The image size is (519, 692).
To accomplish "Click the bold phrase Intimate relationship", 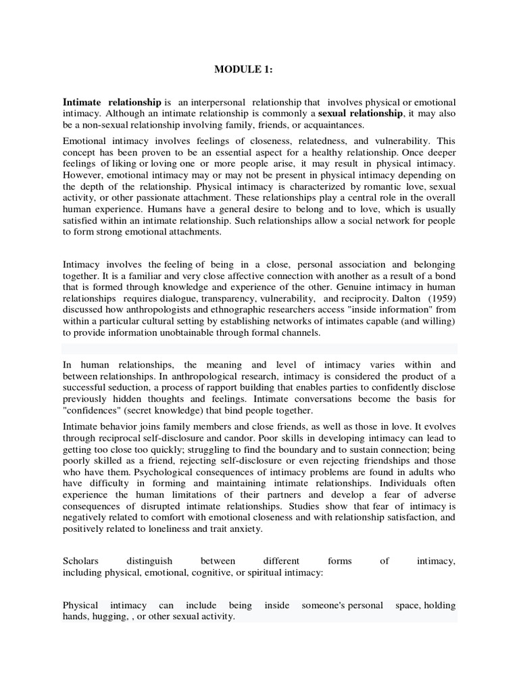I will [112, 101].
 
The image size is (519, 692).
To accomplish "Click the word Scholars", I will [80, 561].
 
